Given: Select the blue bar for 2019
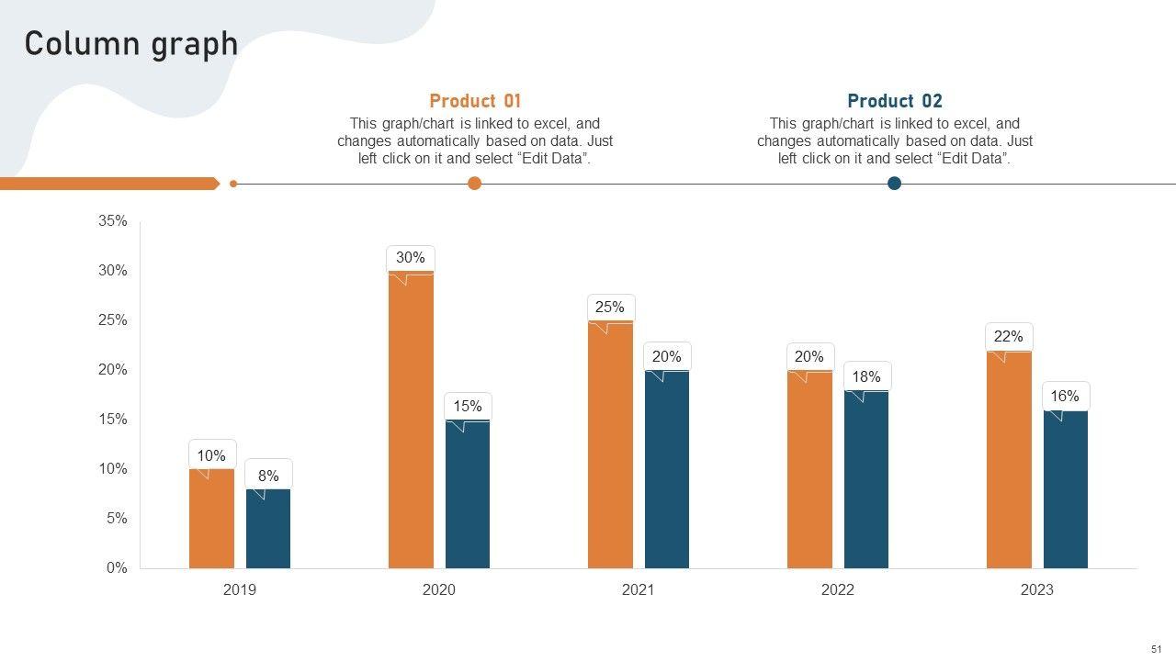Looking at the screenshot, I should (268, 529).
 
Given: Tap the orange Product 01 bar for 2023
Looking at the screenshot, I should (1009, 459).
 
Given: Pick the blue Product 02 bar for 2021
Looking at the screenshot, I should (667, 469).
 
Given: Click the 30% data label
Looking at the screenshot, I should (411, 258).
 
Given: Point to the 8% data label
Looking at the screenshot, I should (268, 476).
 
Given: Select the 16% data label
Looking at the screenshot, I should (1065, 397).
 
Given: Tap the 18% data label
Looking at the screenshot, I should (866, 376).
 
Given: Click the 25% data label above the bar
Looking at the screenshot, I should (610, 308).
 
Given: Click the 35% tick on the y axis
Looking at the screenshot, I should (113, 221).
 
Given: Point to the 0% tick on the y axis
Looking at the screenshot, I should (117, 568).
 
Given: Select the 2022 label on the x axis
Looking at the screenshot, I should (838, 590).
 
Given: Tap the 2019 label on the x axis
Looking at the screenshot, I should (240, 590).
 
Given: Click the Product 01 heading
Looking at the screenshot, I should (475, 101).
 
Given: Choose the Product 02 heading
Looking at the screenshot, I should (895, 101).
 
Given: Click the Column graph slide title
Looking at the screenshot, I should (131, 44).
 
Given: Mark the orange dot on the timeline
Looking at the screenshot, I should (475, 184).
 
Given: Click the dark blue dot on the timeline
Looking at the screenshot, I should (895, 184).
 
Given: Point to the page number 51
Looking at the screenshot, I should (1156, 649).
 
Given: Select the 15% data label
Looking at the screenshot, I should (468, 407).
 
